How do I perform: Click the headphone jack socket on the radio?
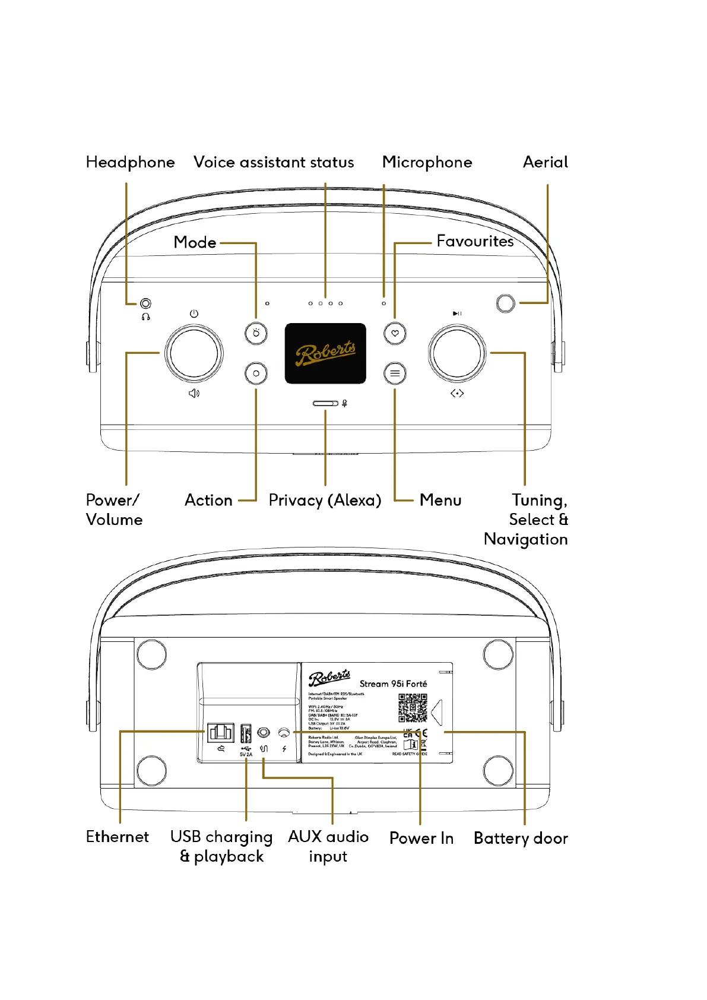pos(145,303)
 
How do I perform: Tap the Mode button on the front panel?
pos(256,333)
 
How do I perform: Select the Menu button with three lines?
pos(395,374)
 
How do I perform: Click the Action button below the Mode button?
pos(256,374)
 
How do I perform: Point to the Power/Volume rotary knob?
pos(194,353)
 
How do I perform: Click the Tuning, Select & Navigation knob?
pos(456,353)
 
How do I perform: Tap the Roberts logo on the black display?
pos(325,354)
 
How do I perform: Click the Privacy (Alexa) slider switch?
pos(325,404)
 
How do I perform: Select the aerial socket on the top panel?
pos(505,303)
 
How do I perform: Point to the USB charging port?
pos(246,733)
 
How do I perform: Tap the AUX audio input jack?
pos(264,733)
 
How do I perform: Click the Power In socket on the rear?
pos(284,733)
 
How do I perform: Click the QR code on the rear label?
pos(413,708)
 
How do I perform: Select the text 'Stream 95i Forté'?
pos(393,684)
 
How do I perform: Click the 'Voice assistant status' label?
pos(274,162)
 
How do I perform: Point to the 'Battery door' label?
pos(521,838)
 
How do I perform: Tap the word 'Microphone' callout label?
pos(427,162)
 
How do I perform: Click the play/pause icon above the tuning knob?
pos(457,314)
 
